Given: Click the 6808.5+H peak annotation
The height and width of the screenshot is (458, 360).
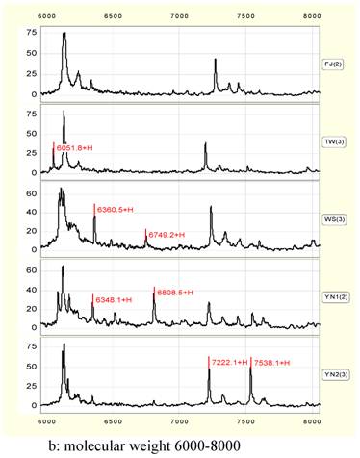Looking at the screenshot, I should pos(175,292).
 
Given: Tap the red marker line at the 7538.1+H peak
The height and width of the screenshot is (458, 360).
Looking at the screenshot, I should pos(251,370).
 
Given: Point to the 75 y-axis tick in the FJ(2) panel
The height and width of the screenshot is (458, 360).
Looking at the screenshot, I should pos(31,33).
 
